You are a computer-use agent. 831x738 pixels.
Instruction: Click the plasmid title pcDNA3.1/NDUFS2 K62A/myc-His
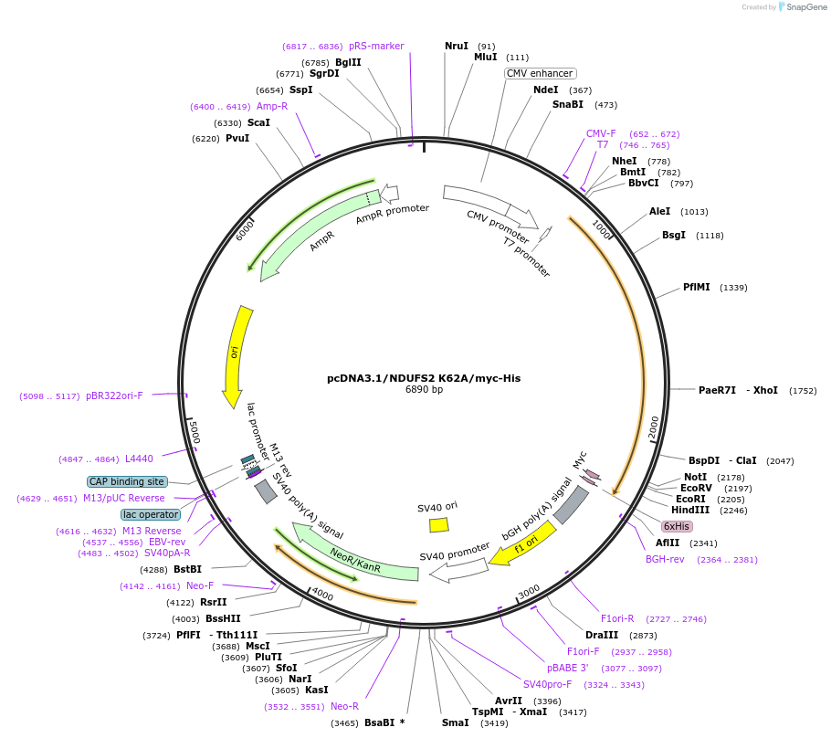pos(424,377)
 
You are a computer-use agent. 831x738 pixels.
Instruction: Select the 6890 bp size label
pos(424,390)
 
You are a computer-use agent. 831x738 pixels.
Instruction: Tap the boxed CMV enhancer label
pos(541,73)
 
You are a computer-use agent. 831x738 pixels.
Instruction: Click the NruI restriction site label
pos(457,46)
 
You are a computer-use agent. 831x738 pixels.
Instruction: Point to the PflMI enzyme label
pos(697,287)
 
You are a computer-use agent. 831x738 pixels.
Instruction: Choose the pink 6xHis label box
pos(677,526)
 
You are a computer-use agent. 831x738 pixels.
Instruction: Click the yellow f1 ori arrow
pos(522,543)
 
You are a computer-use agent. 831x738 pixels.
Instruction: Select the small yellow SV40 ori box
pos(439,524)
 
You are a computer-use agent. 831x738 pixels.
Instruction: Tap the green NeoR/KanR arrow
pos(355,553)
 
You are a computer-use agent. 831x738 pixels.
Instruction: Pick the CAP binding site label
pos(127,481)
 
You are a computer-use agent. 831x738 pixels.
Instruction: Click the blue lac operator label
pos(151,514)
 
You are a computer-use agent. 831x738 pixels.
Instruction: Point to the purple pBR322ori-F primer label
pos(114,395)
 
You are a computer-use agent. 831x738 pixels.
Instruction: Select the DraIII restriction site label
pos(602,635)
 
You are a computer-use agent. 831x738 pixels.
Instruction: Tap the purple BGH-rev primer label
pos(665,559)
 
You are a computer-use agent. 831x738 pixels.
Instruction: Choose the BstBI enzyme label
pos(187,569)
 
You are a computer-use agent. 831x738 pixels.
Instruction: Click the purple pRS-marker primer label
pos(376,46)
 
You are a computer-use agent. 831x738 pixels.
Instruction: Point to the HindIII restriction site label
pos(690,510)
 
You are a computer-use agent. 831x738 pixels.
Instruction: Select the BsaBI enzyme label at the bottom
pos(379,722)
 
